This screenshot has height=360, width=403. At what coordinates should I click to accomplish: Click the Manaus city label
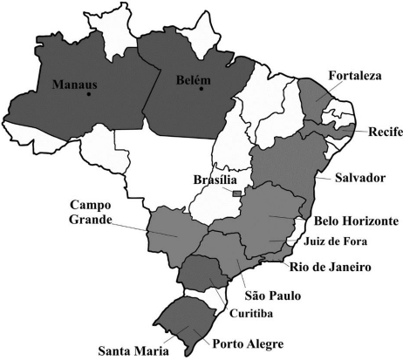[74, 85]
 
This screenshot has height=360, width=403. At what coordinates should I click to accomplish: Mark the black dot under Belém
[201, 88]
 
